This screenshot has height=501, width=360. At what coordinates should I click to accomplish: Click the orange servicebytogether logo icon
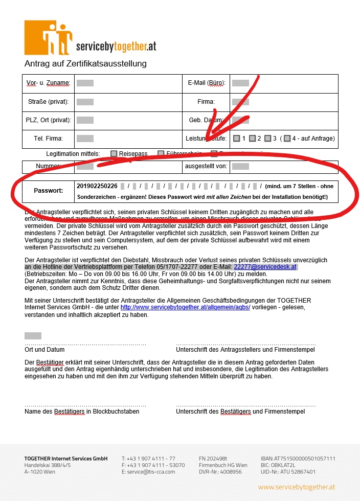tap(49, 38)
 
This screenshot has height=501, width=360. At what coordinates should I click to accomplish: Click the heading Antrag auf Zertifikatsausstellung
tap(85, 64)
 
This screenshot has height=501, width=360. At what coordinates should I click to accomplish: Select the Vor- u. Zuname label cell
tap(48, 83)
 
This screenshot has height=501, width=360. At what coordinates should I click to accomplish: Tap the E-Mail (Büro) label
tap(207, 83)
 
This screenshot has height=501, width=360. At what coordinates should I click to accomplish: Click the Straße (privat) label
tap(49, 102)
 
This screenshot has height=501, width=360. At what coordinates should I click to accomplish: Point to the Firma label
tap(206, 102)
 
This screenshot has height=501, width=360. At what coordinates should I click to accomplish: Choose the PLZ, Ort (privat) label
tap(49, 120)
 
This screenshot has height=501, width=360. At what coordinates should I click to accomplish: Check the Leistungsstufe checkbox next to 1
tap(236, 139)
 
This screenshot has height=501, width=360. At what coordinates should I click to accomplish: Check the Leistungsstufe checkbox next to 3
tap(267, 139)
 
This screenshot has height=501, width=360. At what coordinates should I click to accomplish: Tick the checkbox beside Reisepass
tap(114, 153)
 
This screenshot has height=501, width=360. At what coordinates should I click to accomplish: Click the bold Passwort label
tap(48, 191)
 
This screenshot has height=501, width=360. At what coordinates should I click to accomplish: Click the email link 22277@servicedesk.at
tap(265, 267)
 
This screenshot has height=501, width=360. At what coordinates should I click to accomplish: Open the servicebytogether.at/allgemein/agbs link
tap(185, 307)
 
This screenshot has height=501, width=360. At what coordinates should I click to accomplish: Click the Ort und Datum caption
tap(44, 350)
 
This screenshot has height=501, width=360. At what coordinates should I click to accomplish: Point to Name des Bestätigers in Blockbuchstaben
tap(82, 411)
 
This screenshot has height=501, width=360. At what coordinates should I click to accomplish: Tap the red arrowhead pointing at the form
tap(211, 134)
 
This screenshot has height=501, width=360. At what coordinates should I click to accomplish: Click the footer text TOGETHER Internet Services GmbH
tap(66, 459)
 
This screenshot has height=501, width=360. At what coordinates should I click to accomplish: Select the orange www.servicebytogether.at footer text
tap(297, 487)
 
